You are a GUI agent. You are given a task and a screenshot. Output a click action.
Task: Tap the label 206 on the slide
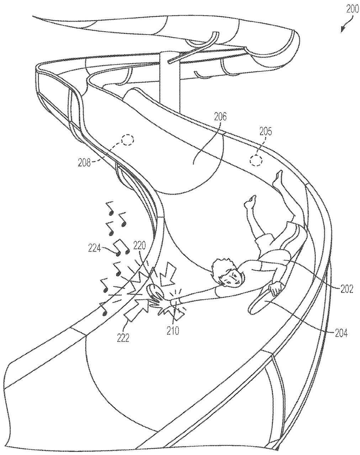pyautogui.click(x=219, y=116)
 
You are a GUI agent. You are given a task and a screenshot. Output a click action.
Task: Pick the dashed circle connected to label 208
pyautogui.click(x=128, y=140)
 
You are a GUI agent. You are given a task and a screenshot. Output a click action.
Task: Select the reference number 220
pyautogui.click(x=140, y=245)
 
